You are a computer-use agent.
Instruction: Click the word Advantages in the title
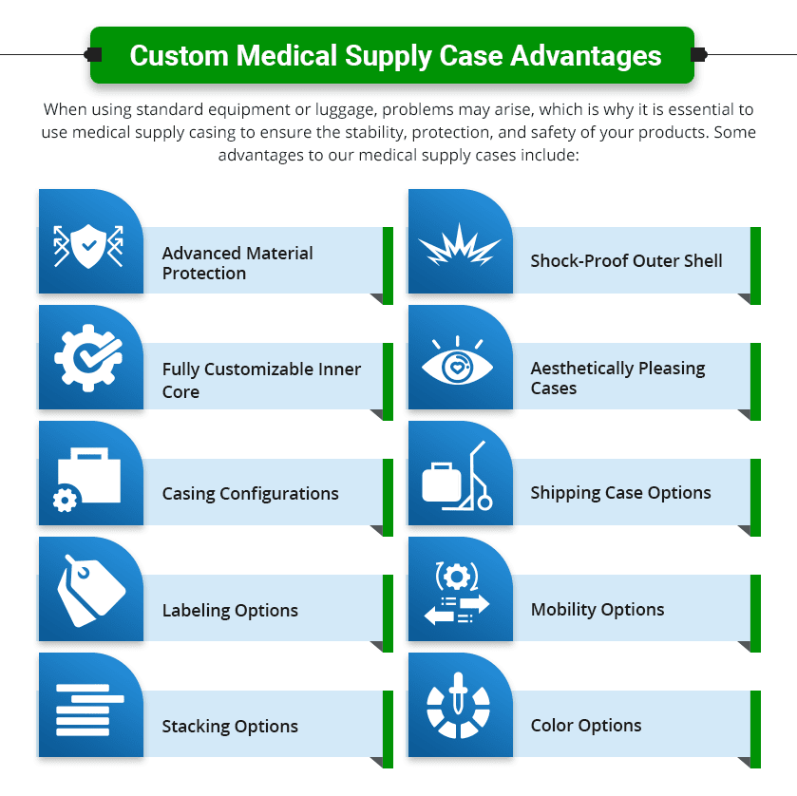click(x=585, y=55)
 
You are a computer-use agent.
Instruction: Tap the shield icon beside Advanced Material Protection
click(x=87, y=244)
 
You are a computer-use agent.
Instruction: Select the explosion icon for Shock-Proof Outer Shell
click(x=459, y=245)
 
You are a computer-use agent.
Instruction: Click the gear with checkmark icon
click(x=87, y=360)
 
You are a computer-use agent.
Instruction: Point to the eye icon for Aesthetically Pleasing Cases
click(x=459, y=362)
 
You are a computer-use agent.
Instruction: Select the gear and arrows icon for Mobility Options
click(x=457, y=594)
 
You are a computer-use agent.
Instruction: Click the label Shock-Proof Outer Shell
click(x=626, y=261)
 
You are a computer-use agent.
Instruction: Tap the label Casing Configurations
click(x=250, y=494)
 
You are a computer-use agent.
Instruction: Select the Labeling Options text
click(x=230, y=611)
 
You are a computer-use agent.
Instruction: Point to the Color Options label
click(x=586, y=726)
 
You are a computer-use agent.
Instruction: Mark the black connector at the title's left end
click(x=93, y=54)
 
